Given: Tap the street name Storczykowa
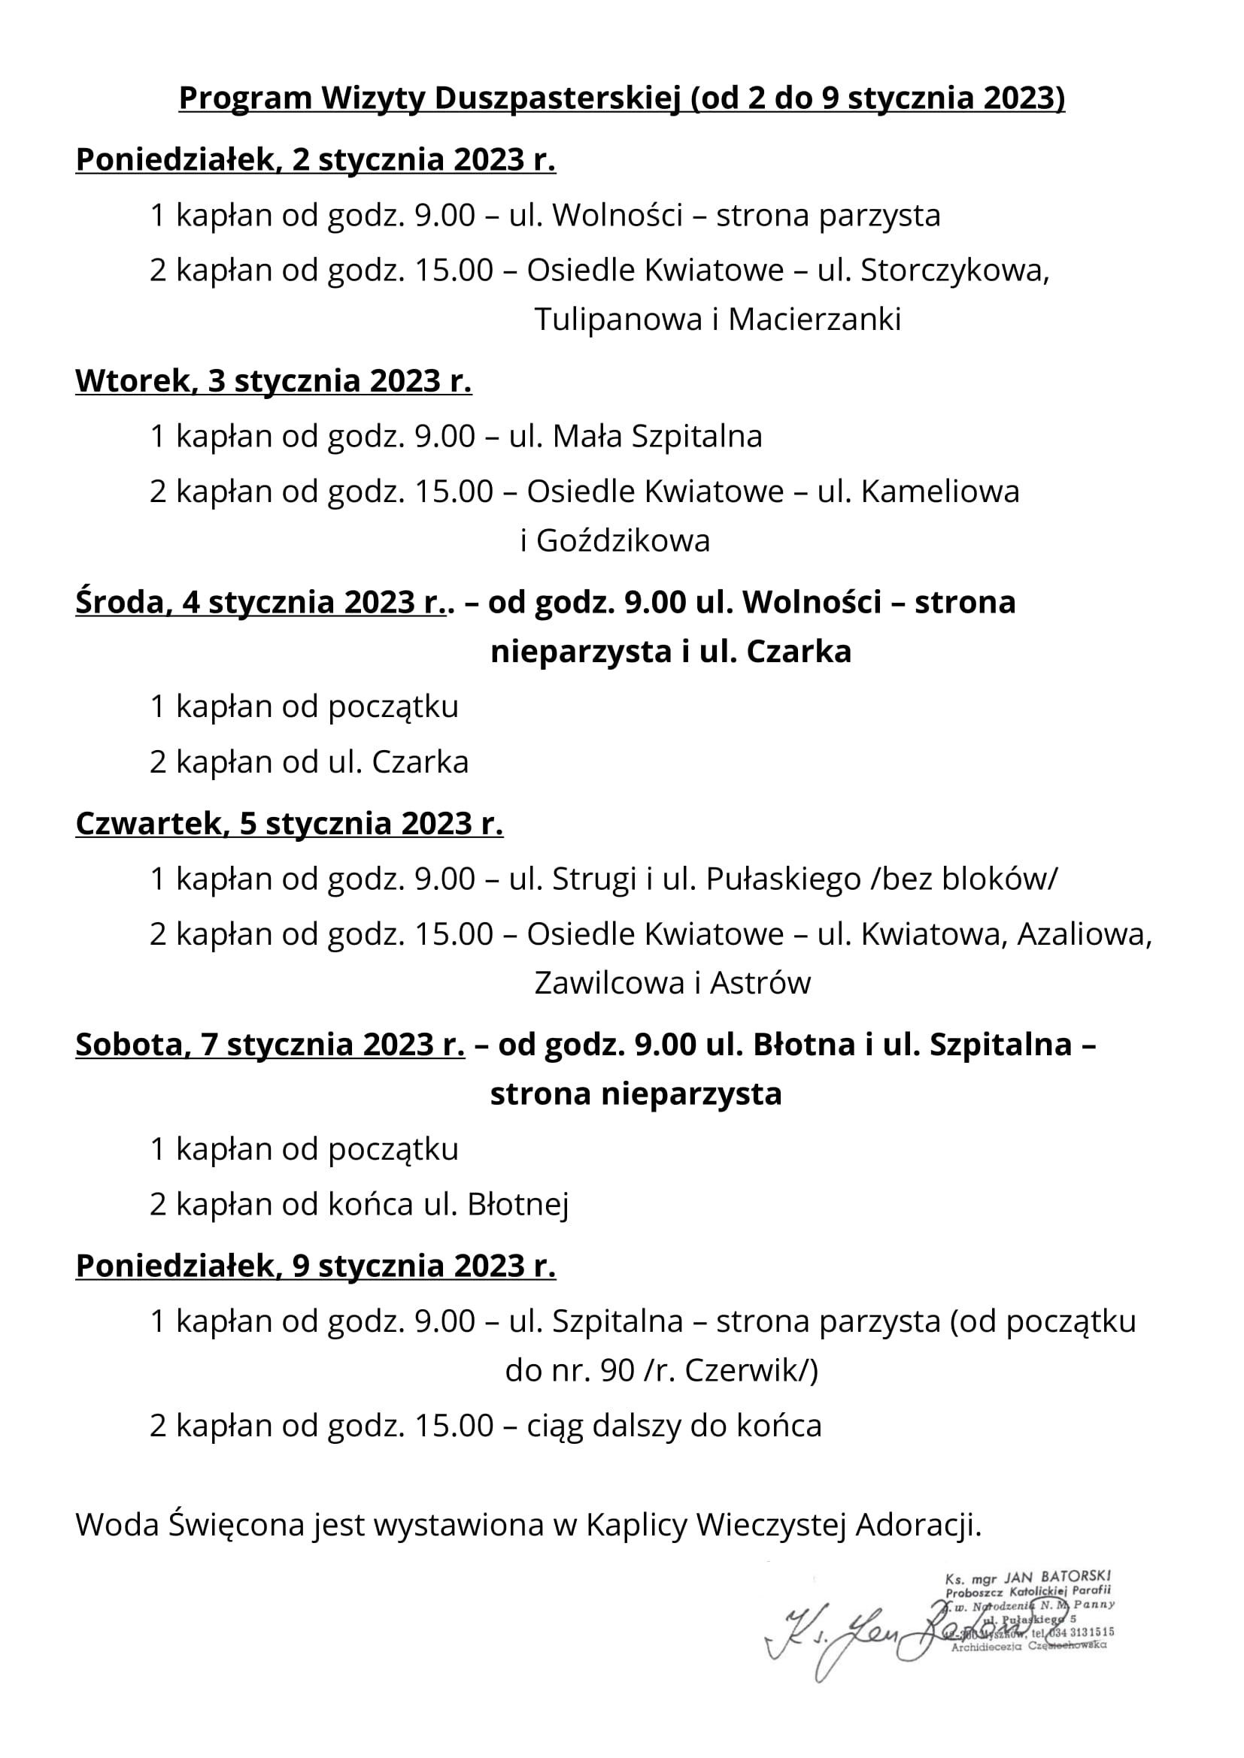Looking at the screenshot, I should click(x=954, y=271).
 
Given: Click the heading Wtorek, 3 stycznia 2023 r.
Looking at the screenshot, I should click(x=274, y=381).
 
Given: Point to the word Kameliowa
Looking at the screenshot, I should click(x=940, y=492).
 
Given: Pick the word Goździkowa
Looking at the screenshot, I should click(x=623, y=541).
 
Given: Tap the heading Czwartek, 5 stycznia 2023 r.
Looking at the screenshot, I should click(x=289, y=824).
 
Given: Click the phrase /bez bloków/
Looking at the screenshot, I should click(x=963, y=879).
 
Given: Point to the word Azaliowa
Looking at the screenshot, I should click(x=1083, y=935).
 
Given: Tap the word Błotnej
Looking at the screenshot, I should click(x=517, y=1205).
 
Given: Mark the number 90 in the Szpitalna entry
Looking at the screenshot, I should click(x=617, y=1372).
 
